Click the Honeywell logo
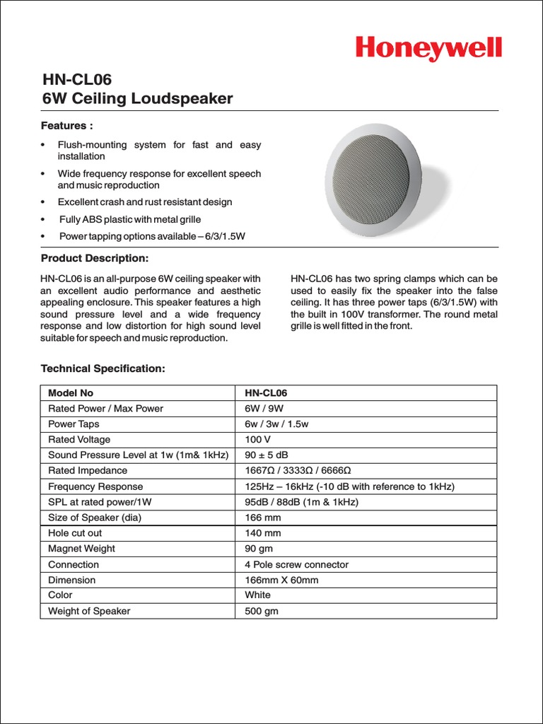tap(428, 49)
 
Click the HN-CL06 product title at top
tap(76, 80)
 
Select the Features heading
tap(67, 126)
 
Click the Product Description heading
tap(95, 258)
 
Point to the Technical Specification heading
tap(103, 368)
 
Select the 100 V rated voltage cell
tap(258, 439)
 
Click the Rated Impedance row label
tap(88, 470)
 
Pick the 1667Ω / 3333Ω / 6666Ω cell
tap(298, 470)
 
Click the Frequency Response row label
tap(95, 486)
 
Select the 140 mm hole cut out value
tap(263, 533)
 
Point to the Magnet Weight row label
tap(81, 549)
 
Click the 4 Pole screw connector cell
tap(296, 564)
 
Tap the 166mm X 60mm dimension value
tap(281, 580)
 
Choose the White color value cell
tap(258, 595)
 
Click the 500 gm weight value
tap(262, 611)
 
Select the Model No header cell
tap(71, 392)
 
